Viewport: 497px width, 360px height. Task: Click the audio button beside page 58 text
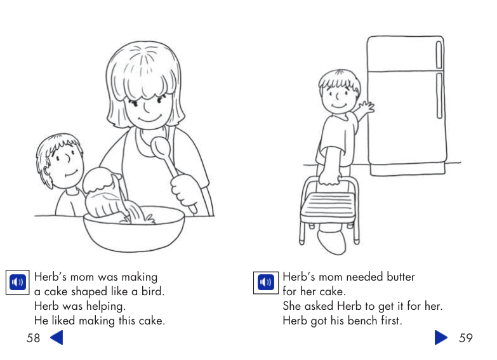pyautogui.click(x=18, y=282)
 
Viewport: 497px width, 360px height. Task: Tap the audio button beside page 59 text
pyautogui.click(x=266, y=282)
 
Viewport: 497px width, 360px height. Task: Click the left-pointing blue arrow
pyautogui.click(x=56, y=337)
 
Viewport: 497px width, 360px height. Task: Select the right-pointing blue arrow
pyautogui.click(x=441, y=337)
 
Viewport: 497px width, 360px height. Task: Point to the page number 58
pyautogui.click(x=34, y=338)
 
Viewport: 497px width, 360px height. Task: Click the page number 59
pyautogui.click(x=465, y=338)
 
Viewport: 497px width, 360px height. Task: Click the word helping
pyautogui.click(x=106, y=306)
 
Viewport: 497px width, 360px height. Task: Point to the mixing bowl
pyautogui.click(x=134, y=229)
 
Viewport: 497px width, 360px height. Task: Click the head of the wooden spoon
pyautogui.click(x=161, y=148)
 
